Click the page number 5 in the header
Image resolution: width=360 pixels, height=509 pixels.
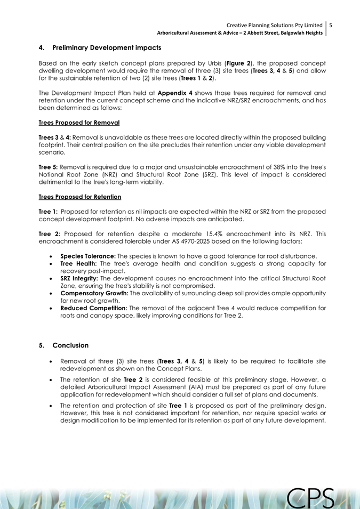tap(331, 25)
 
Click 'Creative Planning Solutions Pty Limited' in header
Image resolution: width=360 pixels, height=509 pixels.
tap(274, 25)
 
